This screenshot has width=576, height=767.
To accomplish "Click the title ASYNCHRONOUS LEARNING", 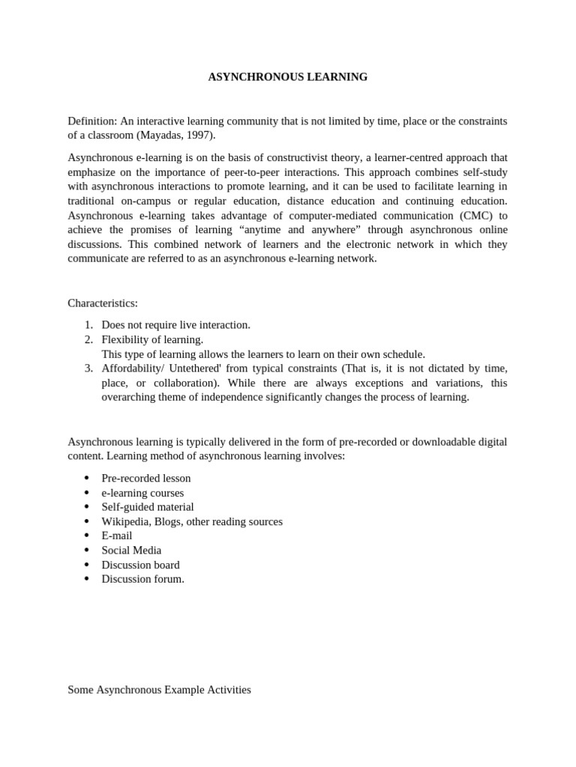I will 288,77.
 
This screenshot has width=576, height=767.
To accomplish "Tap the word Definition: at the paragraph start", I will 92,121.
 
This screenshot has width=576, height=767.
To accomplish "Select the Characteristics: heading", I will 103,303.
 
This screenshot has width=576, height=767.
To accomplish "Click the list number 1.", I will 88,325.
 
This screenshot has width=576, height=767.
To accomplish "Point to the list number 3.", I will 88,369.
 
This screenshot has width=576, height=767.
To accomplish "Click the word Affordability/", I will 135,369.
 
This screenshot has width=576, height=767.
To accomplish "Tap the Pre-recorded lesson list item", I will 146,478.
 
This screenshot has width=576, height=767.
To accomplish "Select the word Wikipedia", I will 125,521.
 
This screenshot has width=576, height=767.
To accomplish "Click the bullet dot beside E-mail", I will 87,536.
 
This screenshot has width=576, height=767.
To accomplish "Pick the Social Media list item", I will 131,550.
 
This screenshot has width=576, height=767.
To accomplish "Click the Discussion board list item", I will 140,565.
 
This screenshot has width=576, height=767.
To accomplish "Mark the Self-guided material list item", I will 148,507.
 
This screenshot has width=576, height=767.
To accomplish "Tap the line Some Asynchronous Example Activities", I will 159,690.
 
